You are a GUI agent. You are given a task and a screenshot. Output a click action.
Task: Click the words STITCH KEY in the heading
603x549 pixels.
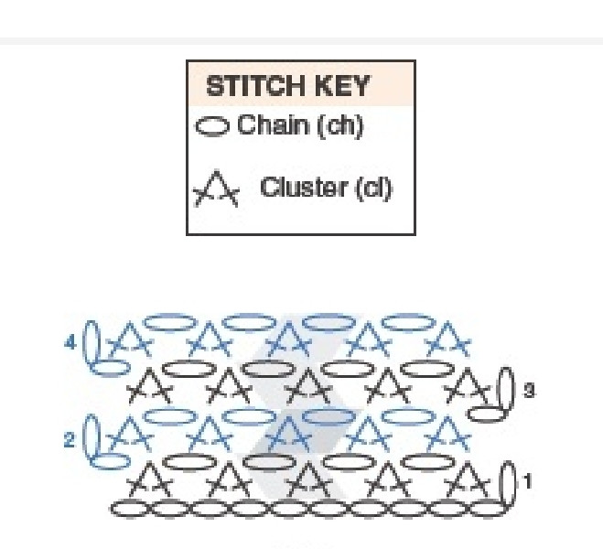(x=287, y=87)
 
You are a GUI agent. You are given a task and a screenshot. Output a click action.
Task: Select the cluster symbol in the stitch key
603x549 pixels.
(x=217, y=189)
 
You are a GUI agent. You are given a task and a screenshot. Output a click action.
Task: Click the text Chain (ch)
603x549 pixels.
(x=300, y=125)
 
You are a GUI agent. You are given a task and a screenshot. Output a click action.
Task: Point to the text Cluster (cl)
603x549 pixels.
(x=326, y=188)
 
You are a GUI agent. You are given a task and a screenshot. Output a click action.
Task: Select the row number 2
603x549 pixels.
(x=69, y=441)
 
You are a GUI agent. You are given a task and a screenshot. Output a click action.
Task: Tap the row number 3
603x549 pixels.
(x=529, y=391)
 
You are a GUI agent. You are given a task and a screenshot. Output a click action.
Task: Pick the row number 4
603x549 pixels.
(x=69, y=344)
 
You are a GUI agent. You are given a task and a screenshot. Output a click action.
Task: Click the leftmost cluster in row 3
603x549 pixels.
(x=149, y=388)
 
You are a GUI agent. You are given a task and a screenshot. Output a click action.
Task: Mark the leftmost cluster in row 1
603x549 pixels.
(x=149, y=478)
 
